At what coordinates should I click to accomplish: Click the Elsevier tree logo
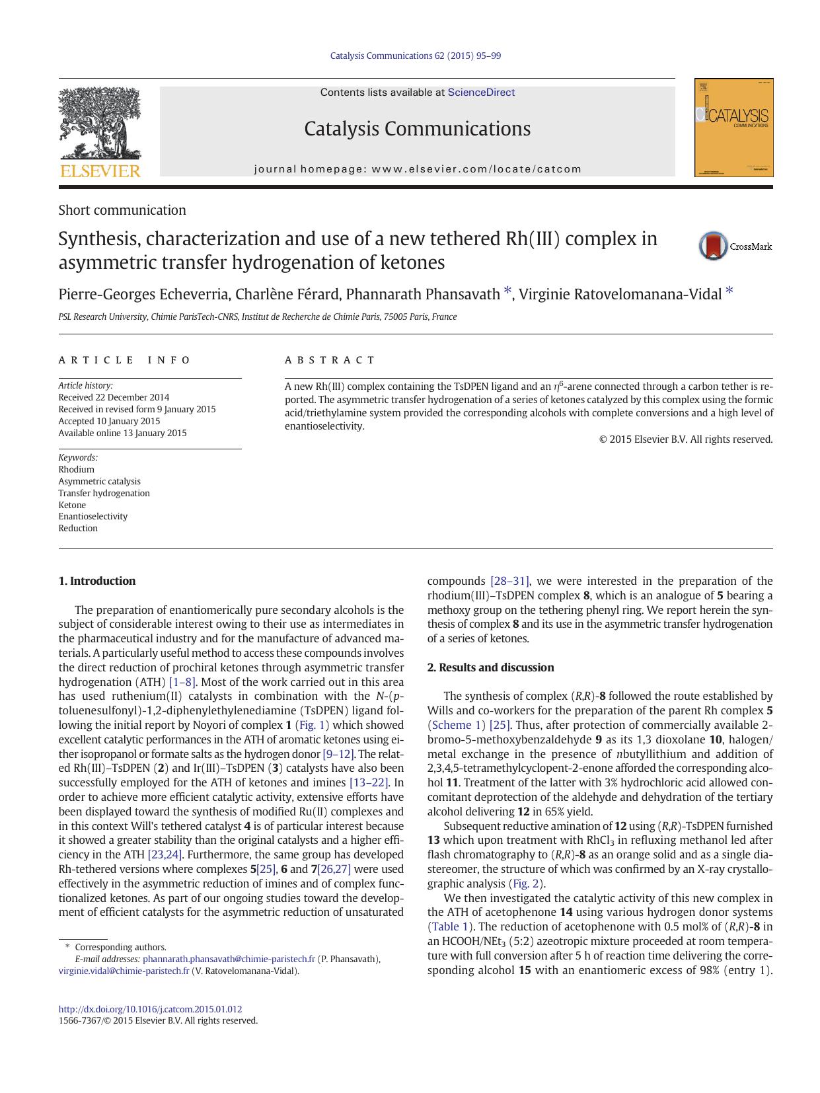[x=100, y=126]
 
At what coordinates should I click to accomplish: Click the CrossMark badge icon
[x=714, y=246]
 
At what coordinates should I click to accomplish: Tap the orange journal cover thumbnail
[x=733, y=128]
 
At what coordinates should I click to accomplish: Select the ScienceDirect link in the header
[x=481, y=93]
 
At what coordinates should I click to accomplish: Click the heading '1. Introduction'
[x=97, y=581]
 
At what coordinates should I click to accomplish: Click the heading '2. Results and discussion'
[x=490, y=667]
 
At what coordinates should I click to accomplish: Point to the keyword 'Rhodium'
[x=77, y=469]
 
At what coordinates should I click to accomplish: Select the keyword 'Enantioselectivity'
[x=93, y=516]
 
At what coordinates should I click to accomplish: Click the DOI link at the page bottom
[x=150, y=1009]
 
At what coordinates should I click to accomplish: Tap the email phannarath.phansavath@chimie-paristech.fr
[x=229, y=959]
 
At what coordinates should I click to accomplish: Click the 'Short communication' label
[x=122, y=210]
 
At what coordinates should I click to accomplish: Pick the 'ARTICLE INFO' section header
[x=124, y=360]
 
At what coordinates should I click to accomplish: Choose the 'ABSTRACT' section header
[x=330, y=360]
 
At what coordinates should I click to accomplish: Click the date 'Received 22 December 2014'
[x=114, y=397]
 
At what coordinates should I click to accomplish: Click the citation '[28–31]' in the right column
[x=509, y=581]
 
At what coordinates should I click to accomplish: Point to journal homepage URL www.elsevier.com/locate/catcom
[x=476, y=169]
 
